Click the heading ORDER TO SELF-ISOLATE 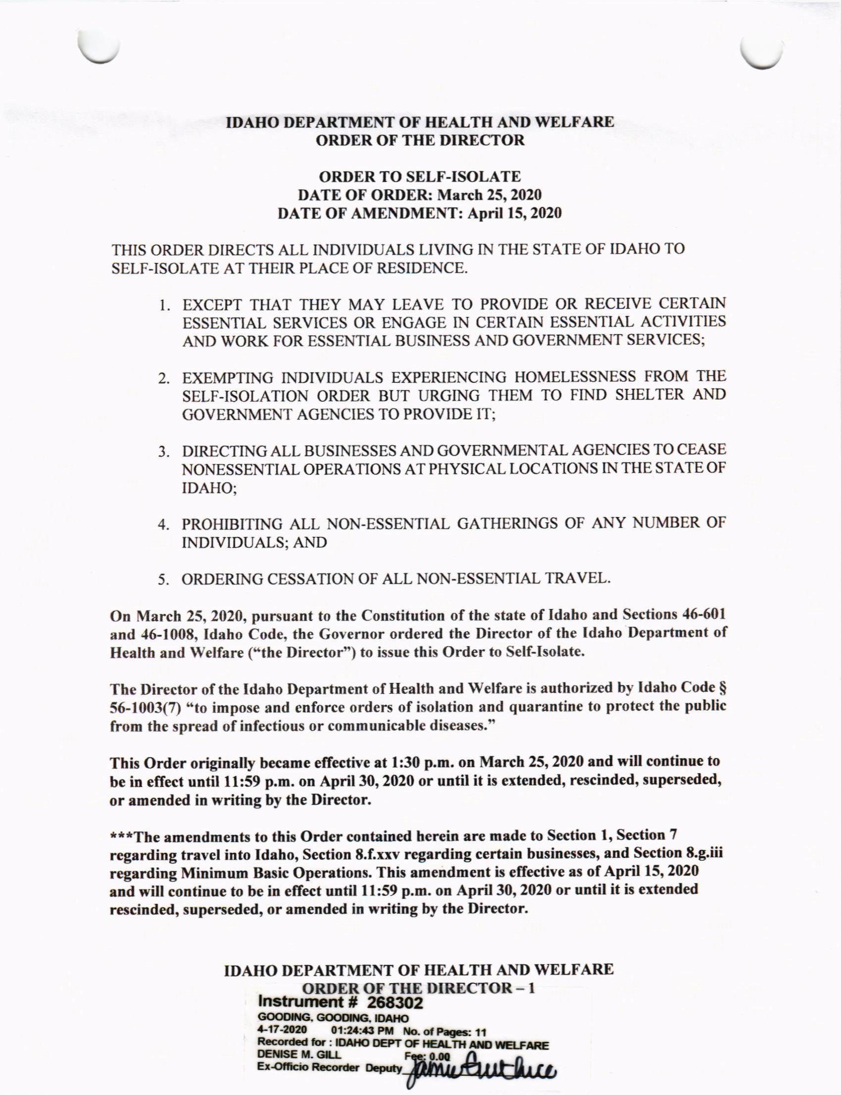tap(420, 176)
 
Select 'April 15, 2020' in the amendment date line tap(514, 213)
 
